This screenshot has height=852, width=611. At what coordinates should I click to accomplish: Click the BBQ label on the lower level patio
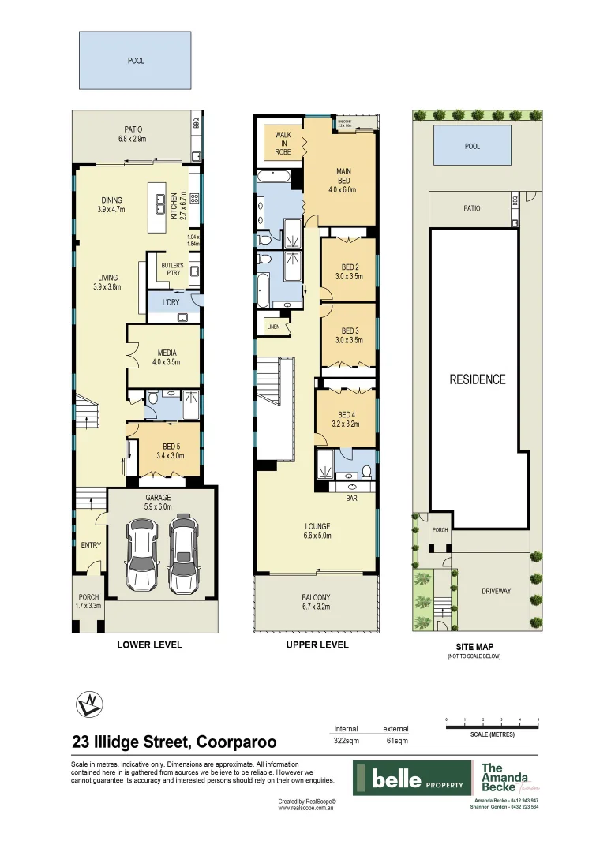(197, 123)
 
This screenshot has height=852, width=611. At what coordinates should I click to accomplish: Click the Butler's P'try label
(171, 269)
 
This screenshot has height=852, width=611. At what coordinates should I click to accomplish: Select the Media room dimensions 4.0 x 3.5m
(166, 363)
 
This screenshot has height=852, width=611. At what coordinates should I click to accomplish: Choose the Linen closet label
(274, 326)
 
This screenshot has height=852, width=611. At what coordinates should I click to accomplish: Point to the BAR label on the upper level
(353, 498)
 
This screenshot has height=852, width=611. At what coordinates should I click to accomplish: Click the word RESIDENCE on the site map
(477, 379)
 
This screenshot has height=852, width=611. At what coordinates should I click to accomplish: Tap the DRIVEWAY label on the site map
(497, 590)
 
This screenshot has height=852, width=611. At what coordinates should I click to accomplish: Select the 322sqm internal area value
(347, 742)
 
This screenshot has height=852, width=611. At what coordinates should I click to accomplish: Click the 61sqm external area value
(395, 742)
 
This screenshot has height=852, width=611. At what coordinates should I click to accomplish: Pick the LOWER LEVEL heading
(149, 645)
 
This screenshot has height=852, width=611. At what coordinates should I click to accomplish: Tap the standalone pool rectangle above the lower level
(135, 60)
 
